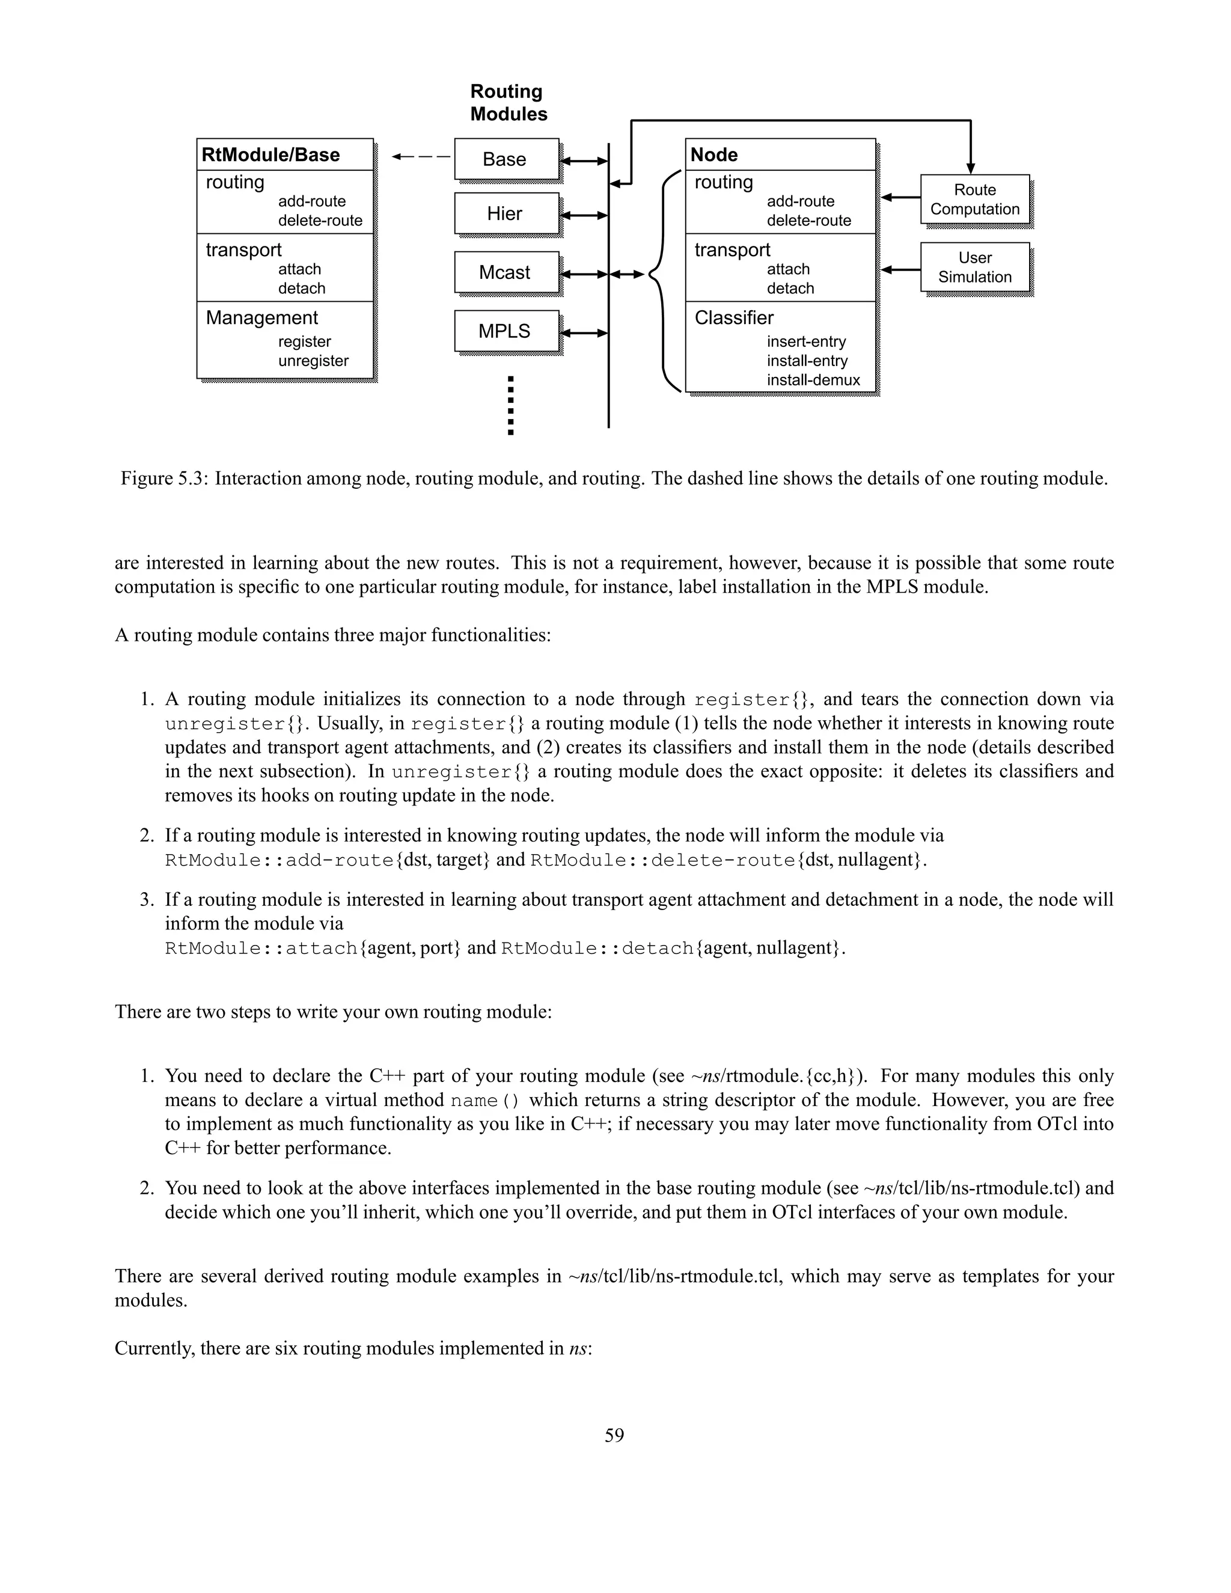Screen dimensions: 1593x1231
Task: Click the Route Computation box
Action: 974,199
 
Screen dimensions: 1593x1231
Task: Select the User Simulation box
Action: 974,267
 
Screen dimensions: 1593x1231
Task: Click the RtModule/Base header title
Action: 270,154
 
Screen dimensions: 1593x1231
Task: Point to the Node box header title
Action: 714,154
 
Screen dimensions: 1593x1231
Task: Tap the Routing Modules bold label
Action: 509,103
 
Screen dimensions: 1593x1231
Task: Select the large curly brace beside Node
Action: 664,281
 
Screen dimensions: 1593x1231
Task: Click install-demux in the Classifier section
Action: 813,380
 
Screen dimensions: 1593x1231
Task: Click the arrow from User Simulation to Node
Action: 900,270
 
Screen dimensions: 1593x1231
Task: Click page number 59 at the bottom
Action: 614,1436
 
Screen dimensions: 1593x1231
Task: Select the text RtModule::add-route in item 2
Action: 279,860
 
